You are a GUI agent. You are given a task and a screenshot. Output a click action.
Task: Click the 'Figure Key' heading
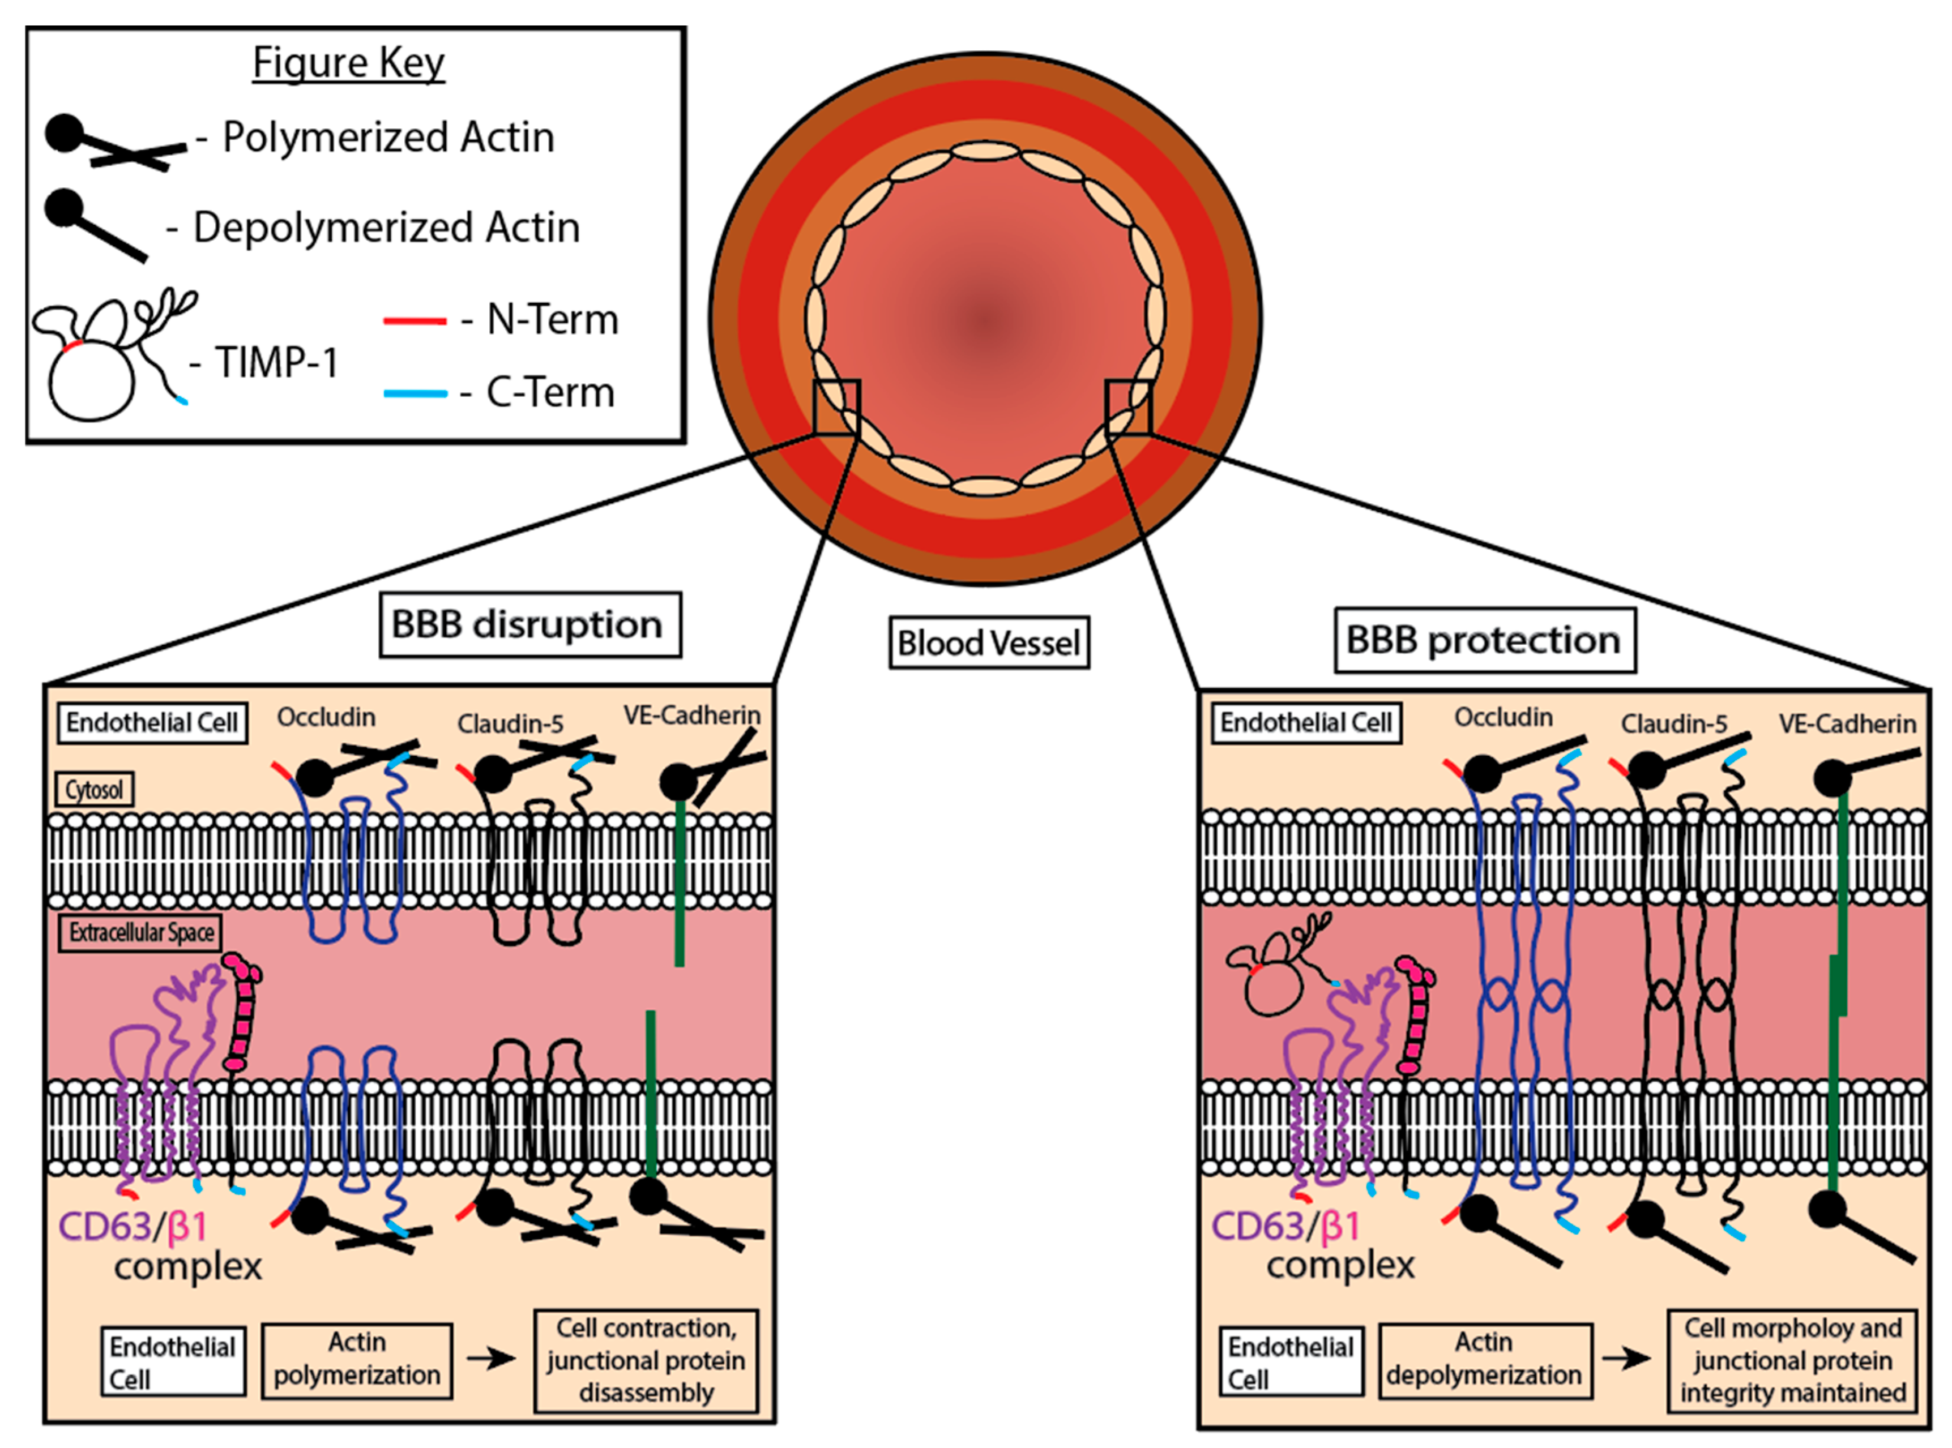point(348,62)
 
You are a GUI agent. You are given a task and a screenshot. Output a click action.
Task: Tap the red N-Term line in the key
point(415,321)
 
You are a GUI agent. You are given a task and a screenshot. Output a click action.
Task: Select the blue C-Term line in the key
point(415,393)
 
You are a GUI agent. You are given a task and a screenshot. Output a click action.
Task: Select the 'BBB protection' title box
point(1484,640)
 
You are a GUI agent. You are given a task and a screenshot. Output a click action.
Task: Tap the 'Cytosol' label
point(94,789)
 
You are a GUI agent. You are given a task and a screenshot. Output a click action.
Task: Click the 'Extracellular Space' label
point(141,932)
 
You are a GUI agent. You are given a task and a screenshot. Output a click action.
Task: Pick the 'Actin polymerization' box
point(356,1360)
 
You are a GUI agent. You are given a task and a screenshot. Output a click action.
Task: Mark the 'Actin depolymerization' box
point(1485,1360)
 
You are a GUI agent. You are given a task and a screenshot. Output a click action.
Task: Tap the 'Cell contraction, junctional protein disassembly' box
point(646,1360)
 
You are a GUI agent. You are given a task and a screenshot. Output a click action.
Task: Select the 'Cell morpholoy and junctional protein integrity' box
point(1792,1360)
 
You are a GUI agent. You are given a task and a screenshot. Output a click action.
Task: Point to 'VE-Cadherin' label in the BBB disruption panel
point(692,716)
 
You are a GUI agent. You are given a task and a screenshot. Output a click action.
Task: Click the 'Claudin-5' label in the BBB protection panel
point(1673,724)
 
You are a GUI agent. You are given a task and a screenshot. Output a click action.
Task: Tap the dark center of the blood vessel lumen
point(988,320)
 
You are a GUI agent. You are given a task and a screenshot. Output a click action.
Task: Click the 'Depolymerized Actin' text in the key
point(386,227)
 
